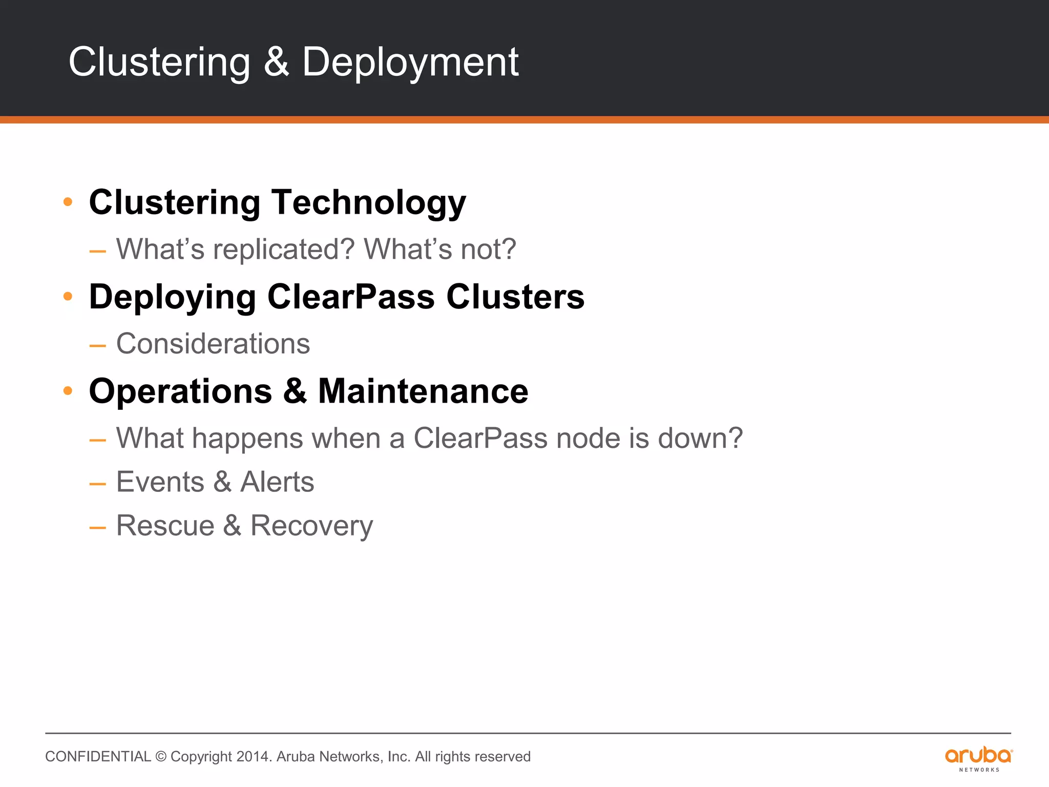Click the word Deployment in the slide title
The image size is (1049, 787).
tap(410, 63)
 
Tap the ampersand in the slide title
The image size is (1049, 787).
tap(277, 61)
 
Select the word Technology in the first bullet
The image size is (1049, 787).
tap(368, 202)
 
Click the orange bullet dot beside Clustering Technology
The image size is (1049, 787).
tap(68, 202)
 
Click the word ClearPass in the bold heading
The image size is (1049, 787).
tap(351, 297)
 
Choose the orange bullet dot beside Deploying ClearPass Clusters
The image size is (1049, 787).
tap(68, 296)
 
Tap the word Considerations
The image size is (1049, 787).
tap(213, 344)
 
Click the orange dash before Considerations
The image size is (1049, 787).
tap(97, 345)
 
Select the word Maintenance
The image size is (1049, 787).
tap(423, 391)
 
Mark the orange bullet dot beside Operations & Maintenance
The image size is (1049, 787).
tap(68, 391)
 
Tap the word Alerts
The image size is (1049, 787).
tap(277, 482)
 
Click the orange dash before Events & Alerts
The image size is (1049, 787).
tap(97, 484)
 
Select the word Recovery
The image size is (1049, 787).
tap(311, 526)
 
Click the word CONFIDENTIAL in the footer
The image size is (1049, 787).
tap(98, 757)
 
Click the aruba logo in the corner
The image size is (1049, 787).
tap(978, 759)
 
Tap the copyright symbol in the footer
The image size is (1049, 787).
tap(161, 757)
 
